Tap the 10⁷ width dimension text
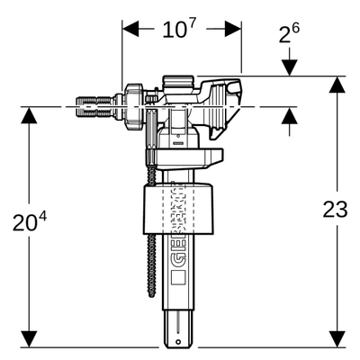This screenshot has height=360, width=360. pyautogui.click(x=180, y=30)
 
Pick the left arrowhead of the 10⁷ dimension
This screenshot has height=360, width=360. pyautogui.click(x=130, y=29)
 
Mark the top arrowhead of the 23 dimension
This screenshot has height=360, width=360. pyautogui.click(x=337, y=85)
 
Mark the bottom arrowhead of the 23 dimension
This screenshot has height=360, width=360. pyautogui.click(x=337, y=339)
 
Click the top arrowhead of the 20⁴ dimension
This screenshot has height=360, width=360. pyautogui.click(x=30, y=115)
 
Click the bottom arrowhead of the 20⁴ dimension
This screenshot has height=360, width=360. pyautogui.click(x=30, y=339)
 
